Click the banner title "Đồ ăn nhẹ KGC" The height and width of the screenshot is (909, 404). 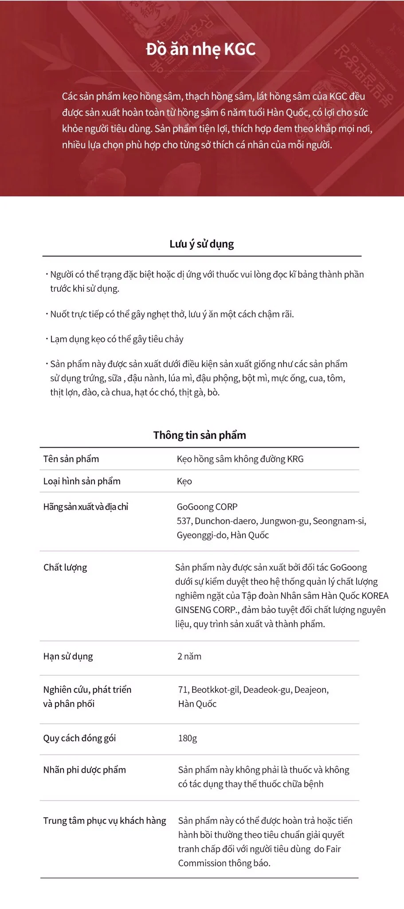(200, 49)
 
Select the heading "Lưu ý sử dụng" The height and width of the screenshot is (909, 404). (201, 244)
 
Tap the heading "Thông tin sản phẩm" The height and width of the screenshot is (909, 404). (200, 435)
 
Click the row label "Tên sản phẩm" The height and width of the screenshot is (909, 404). (71, 459)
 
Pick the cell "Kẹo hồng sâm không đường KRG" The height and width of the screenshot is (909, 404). (240, 459)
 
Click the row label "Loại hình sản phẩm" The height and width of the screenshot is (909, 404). (82, 481)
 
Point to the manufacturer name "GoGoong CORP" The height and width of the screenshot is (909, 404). (207, 507)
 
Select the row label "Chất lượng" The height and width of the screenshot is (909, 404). (65, 567)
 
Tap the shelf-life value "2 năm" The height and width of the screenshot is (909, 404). (189, 656)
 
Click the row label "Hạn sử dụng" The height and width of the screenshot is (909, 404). (68, 656)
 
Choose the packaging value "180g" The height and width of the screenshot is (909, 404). (188, 738)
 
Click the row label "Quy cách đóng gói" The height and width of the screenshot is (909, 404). (79, 738)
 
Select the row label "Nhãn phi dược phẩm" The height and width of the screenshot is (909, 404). (84, 770)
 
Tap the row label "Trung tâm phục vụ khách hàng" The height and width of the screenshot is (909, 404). (105, 821)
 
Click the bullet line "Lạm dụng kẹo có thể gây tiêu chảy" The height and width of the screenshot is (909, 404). (117, 339)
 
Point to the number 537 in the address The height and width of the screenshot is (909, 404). (184, 521)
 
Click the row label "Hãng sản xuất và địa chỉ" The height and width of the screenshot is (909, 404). (86, 507)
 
